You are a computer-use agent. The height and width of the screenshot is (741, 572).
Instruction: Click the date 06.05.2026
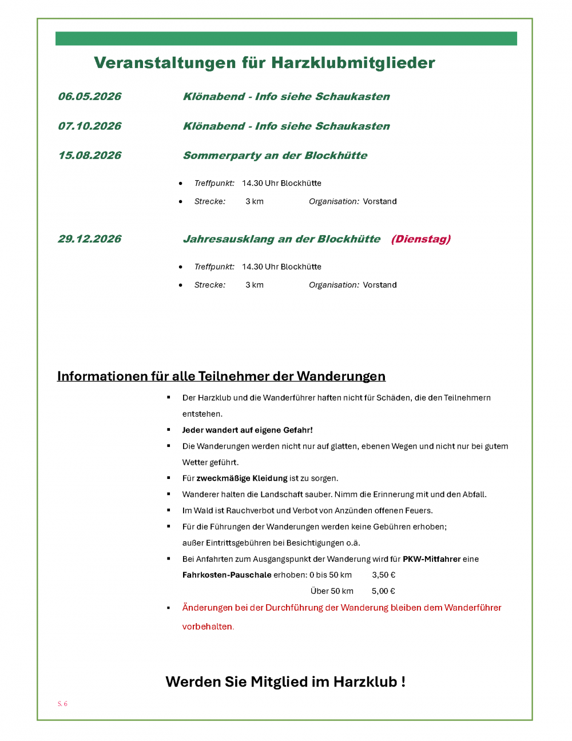pyautogui.click(x=90, y=97)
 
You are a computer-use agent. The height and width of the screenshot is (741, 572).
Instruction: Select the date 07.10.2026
pyautogui.click(x=90, y=126)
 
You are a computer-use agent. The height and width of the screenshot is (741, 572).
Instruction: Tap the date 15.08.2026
pyautogui.click(x=90, y=156)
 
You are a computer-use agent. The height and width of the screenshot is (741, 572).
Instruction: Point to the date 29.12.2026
pyautogui.click(x=90, y=239)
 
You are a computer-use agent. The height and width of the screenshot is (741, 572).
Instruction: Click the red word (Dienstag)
pyautogui.click(x=421, y=239)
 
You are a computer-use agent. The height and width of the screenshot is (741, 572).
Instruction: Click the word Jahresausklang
pyautogui.click(x=228, y=239)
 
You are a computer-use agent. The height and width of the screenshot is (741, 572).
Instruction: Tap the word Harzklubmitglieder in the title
pyautogui.click(x=353, y=63)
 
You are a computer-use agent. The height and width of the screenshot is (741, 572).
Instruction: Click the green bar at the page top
pyautogui.click(x=286, y=38)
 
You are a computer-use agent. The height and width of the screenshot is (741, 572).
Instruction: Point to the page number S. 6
pyautogui.click(x=62, y=704)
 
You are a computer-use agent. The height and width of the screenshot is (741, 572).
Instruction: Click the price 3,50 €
pyautogui.click(x=384, y=575)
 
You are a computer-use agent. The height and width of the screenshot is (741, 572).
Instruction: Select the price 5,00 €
pyautogui.click(x=383, y=591)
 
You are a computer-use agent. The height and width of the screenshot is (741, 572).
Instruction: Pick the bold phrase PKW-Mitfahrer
pyautogui.click(x=431, y=559)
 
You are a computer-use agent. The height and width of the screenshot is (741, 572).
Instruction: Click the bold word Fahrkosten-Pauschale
pyautogui.click(x=227, y=575)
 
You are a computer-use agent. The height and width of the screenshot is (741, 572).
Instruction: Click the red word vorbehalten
pyautogui.click(x=207, y=627)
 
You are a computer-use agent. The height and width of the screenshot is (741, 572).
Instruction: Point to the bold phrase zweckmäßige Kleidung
pyautogui.click(x=242, y=478)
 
